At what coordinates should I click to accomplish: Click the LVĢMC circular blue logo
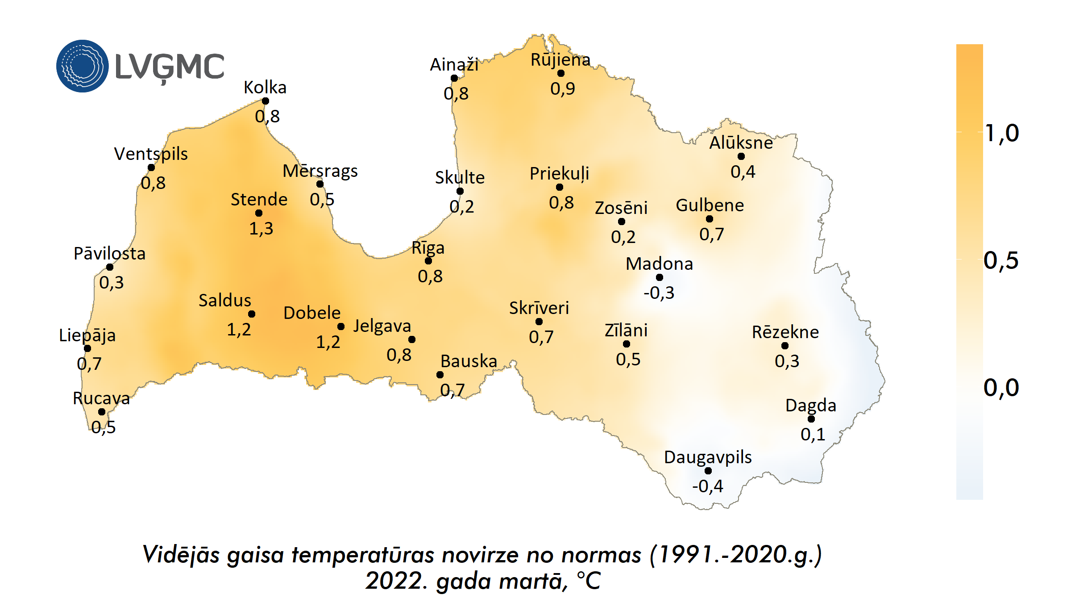[82, 66]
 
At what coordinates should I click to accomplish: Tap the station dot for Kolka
[266, 101]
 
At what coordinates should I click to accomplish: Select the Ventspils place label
[151, 154]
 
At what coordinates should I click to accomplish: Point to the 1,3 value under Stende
[261, 229]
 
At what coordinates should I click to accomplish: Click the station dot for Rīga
[428, 261]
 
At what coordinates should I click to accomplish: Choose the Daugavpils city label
[708, 457]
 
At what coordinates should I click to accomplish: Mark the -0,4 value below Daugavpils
[708, 486]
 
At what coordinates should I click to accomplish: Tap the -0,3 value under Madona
[659, 293]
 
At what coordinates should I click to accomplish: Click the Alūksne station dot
[741, 156]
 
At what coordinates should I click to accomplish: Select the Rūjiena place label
[560, 60]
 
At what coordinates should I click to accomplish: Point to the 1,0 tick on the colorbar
[1002, 133]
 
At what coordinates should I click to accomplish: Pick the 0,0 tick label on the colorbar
[1001, 388]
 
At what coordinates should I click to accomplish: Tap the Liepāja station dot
[87, 348]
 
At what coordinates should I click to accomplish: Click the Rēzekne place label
[785, 332]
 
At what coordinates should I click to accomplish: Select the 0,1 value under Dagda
[813, 434]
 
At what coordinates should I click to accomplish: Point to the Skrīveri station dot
[539, 322]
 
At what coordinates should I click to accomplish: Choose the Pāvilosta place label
[110, 254]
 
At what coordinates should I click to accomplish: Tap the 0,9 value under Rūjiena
[563, 89]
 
